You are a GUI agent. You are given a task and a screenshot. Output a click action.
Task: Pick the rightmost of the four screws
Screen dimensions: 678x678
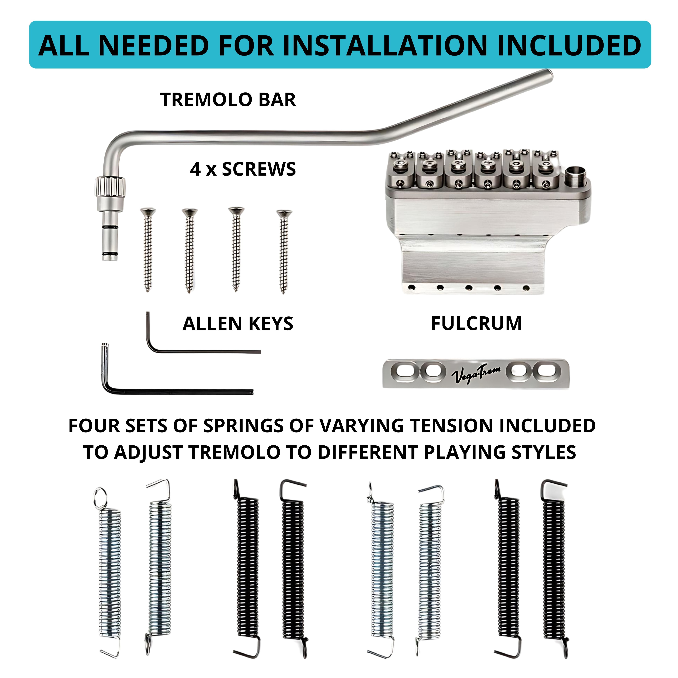pos(284,251)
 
